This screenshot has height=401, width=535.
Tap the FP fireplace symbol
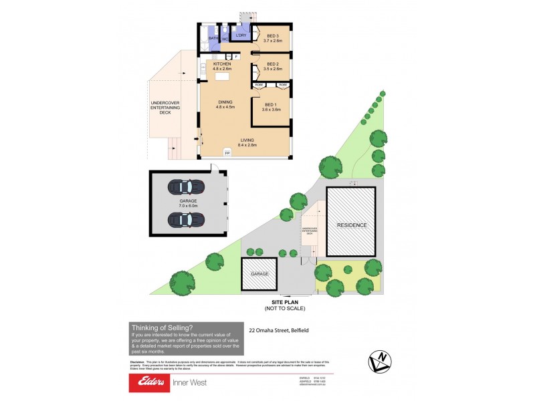click(227, 154)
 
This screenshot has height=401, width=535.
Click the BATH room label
click(212, 39)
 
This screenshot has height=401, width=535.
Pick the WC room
click(225, 39)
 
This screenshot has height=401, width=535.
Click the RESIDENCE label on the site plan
click(351, 225)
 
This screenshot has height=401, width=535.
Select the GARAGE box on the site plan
click(259, 274)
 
